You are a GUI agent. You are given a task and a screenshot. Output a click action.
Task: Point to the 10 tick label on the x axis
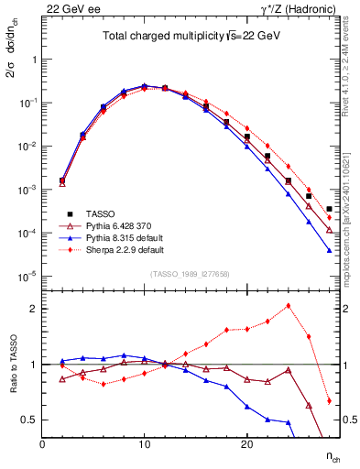144,443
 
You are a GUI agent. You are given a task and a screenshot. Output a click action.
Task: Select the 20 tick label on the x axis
246,443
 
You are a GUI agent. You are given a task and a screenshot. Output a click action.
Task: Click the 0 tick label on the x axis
42,443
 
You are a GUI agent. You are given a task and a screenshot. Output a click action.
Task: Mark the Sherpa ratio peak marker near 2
289,306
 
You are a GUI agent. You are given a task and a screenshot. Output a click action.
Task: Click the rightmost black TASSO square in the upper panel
329,209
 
